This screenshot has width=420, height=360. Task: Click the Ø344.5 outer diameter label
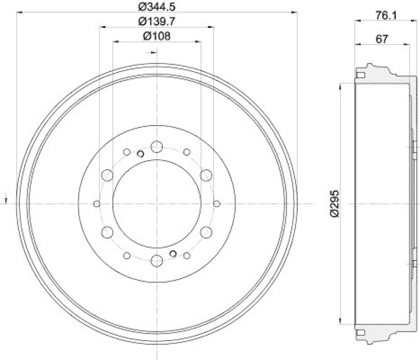156,7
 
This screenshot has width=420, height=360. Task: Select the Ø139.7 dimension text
156,22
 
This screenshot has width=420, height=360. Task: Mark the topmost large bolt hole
156,147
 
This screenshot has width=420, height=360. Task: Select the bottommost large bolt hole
156,261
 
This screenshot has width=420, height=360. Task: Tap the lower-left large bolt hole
107,232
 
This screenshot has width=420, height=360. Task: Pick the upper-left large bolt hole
107,175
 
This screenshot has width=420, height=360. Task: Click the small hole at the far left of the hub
96,203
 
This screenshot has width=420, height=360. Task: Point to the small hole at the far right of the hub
217,203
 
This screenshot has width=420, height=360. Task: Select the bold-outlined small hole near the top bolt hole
140,154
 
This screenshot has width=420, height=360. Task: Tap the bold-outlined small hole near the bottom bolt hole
172,254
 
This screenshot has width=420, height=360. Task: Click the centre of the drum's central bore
156,203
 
